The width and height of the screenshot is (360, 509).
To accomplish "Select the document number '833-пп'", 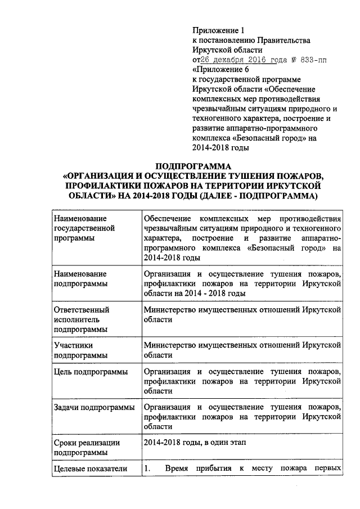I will click(318, 60).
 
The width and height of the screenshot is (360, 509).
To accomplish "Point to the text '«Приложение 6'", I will click(220, 70).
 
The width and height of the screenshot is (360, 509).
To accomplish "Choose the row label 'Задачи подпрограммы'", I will click(93, 407).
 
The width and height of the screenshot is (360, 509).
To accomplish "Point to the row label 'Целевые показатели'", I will click(90, 469).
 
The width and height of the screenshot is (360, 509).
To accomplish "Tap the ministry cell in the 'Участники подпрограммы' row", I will click(242, 350).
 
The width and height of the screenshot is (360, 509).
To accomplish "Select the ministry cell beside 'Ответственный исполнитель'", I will click(242, 314).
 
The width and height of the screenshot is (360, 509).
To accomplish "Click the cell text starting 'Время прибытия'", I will click(253, 469).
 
